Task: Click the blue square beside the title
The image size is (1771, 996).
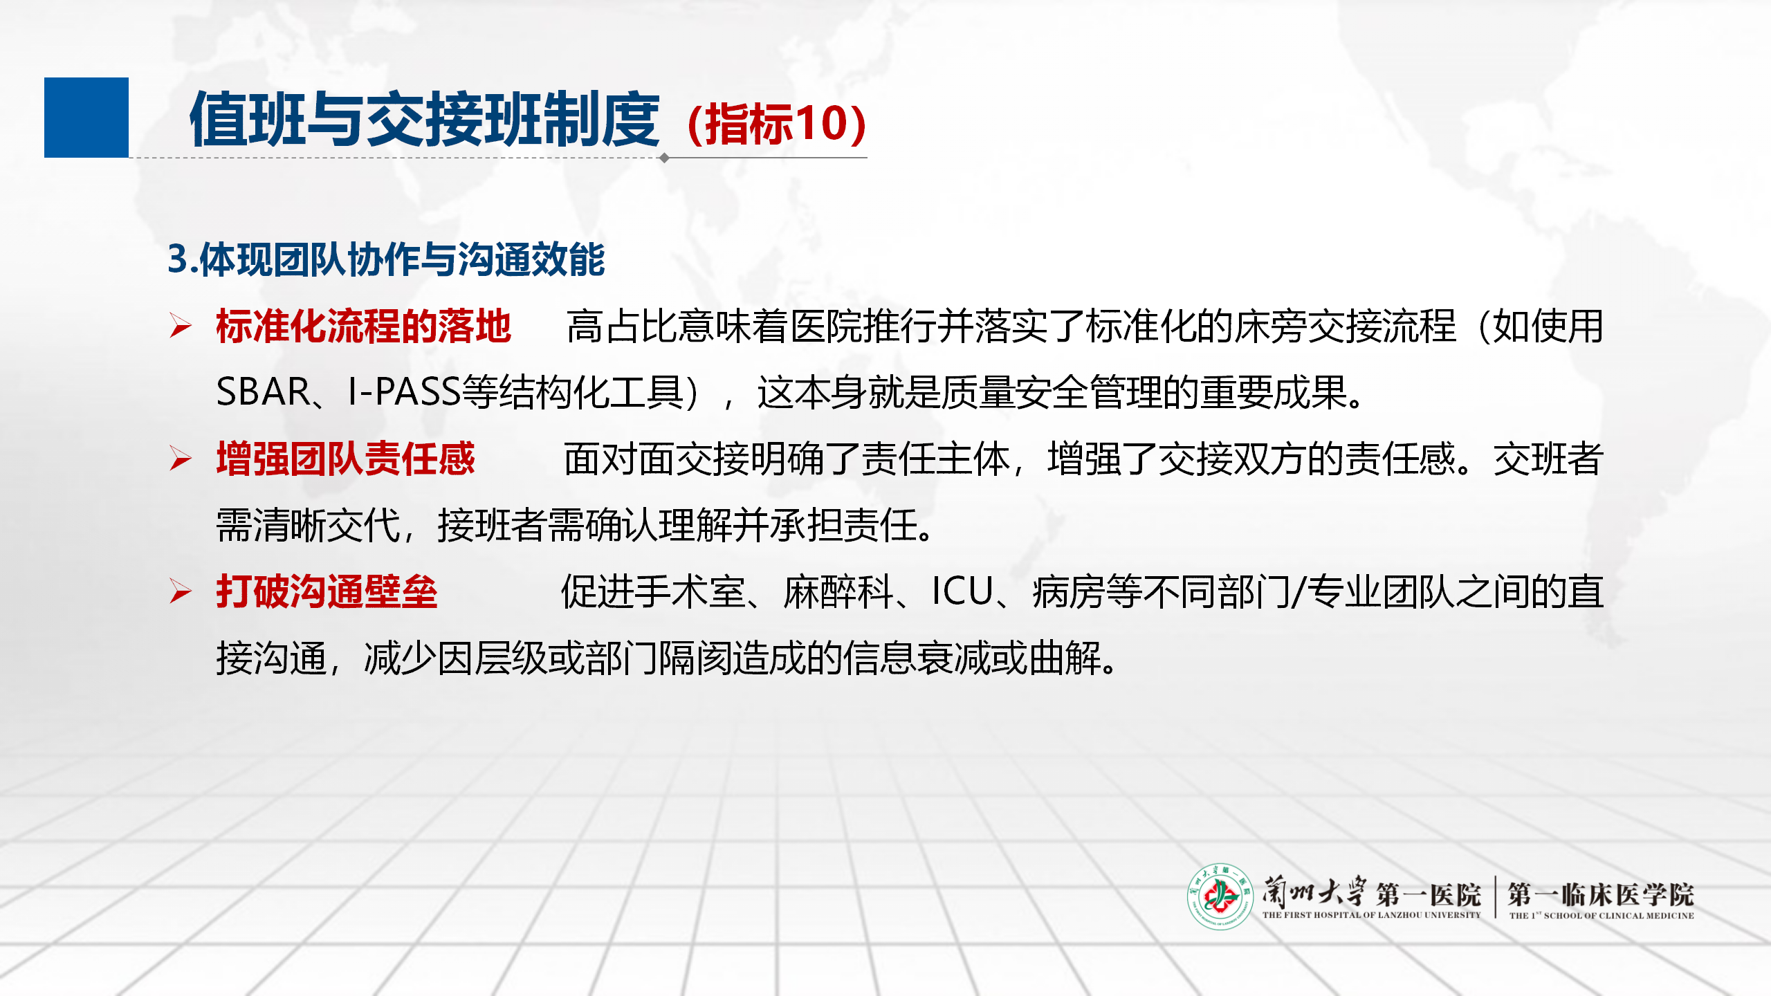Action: click(x=86, y=118)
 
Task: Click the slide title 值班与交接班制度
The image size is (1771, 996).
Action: click(x=425, y=120)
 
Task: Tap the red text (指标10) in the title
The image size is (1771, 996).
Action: click(x=776, y=124)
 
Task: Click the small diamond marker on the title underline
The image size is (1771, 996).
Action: click(x=664, y=158)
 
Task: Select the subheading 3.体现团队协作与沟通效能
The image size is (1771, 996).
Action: click(x=386, y=259)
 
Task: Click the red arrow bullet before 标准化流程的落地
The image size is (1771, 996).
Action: click(x=181, y=326)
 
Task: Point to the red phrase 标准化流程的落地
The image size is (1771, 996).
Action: click(x=363, y=326)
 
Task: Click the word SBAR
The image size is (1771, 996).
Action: click(x=263, y=392)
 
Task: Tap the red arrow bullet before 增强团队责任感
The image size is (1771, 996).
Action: click(x=181, y=459)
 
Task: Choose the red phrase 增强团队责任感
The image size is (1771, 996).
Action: click(x=345, y=459)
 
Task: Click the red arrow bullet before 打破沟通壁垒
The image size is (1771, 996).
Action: click(x=181, y=591)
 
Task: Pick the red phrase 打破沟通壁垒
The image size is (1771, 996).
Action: click(x=327, y=591)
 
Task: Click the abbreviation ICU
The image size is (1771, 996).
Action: click(x=962, y=591)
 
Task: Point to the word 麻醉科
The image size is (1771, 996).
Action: click(x=838, y=592)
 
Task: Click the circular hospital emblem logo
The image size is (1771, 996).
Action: click(x=1220, y=896)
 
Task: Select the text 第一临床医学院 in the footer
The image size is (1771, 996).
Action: click(x=1601, y=894)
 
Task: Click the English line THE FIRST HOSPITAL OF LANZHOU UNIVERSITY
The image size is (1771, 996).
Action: click(x=1371, y=915)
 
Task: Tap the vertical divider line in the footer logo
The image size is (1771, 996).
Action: click(x=1495, y=897)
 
